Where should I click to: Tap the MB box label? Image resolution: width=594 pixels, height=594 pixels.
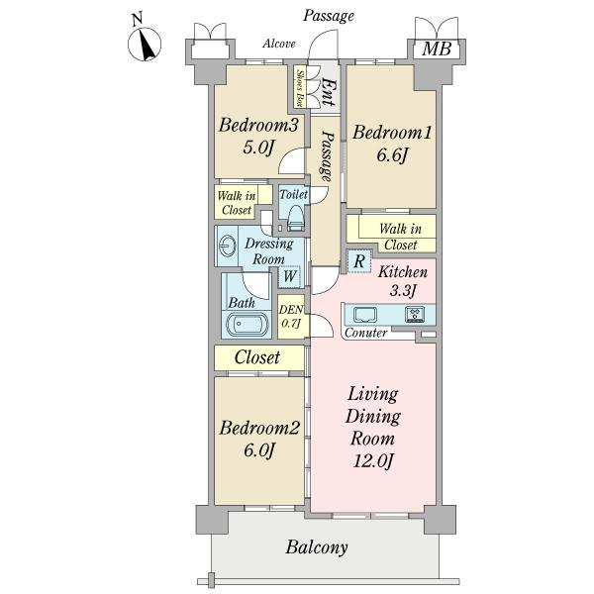tap(432, 49)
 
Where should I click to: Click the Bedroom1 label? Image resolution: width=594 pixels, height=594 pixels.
tap(389, 132)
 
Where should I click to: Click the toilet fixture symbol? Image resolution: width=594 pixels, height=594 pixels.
tap(294, 223)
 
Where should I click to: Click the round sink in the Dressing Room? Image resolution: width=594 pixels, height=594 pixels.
tap(229, 246)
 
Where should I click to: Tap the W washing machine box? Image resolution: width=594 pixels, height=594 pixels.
tap(290, 277)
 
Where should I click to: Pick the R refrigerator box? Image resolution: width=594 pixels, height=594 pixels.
tap(358, 260)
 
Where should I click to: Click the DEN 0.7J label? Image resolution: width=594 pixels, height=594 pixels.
tap(290, 316)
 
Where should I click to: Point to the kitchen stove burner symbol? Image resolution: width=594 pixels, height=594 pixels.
tap(416, 315)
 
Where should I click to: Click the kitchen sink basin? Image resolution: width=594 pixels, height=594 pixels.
tap(363, 315)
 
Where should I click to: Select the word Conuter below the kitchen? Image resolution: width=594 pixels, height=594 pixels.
tap(366, 334)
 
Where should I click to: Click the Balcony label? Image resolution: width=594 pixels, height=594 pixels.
tap(317, 546)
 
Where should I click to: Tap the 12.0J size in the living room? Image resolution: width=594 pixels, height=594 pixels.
tap(371, 460)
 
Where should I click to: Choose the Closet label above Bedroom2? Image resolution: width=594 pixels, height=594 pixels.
tap(256, 357)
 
